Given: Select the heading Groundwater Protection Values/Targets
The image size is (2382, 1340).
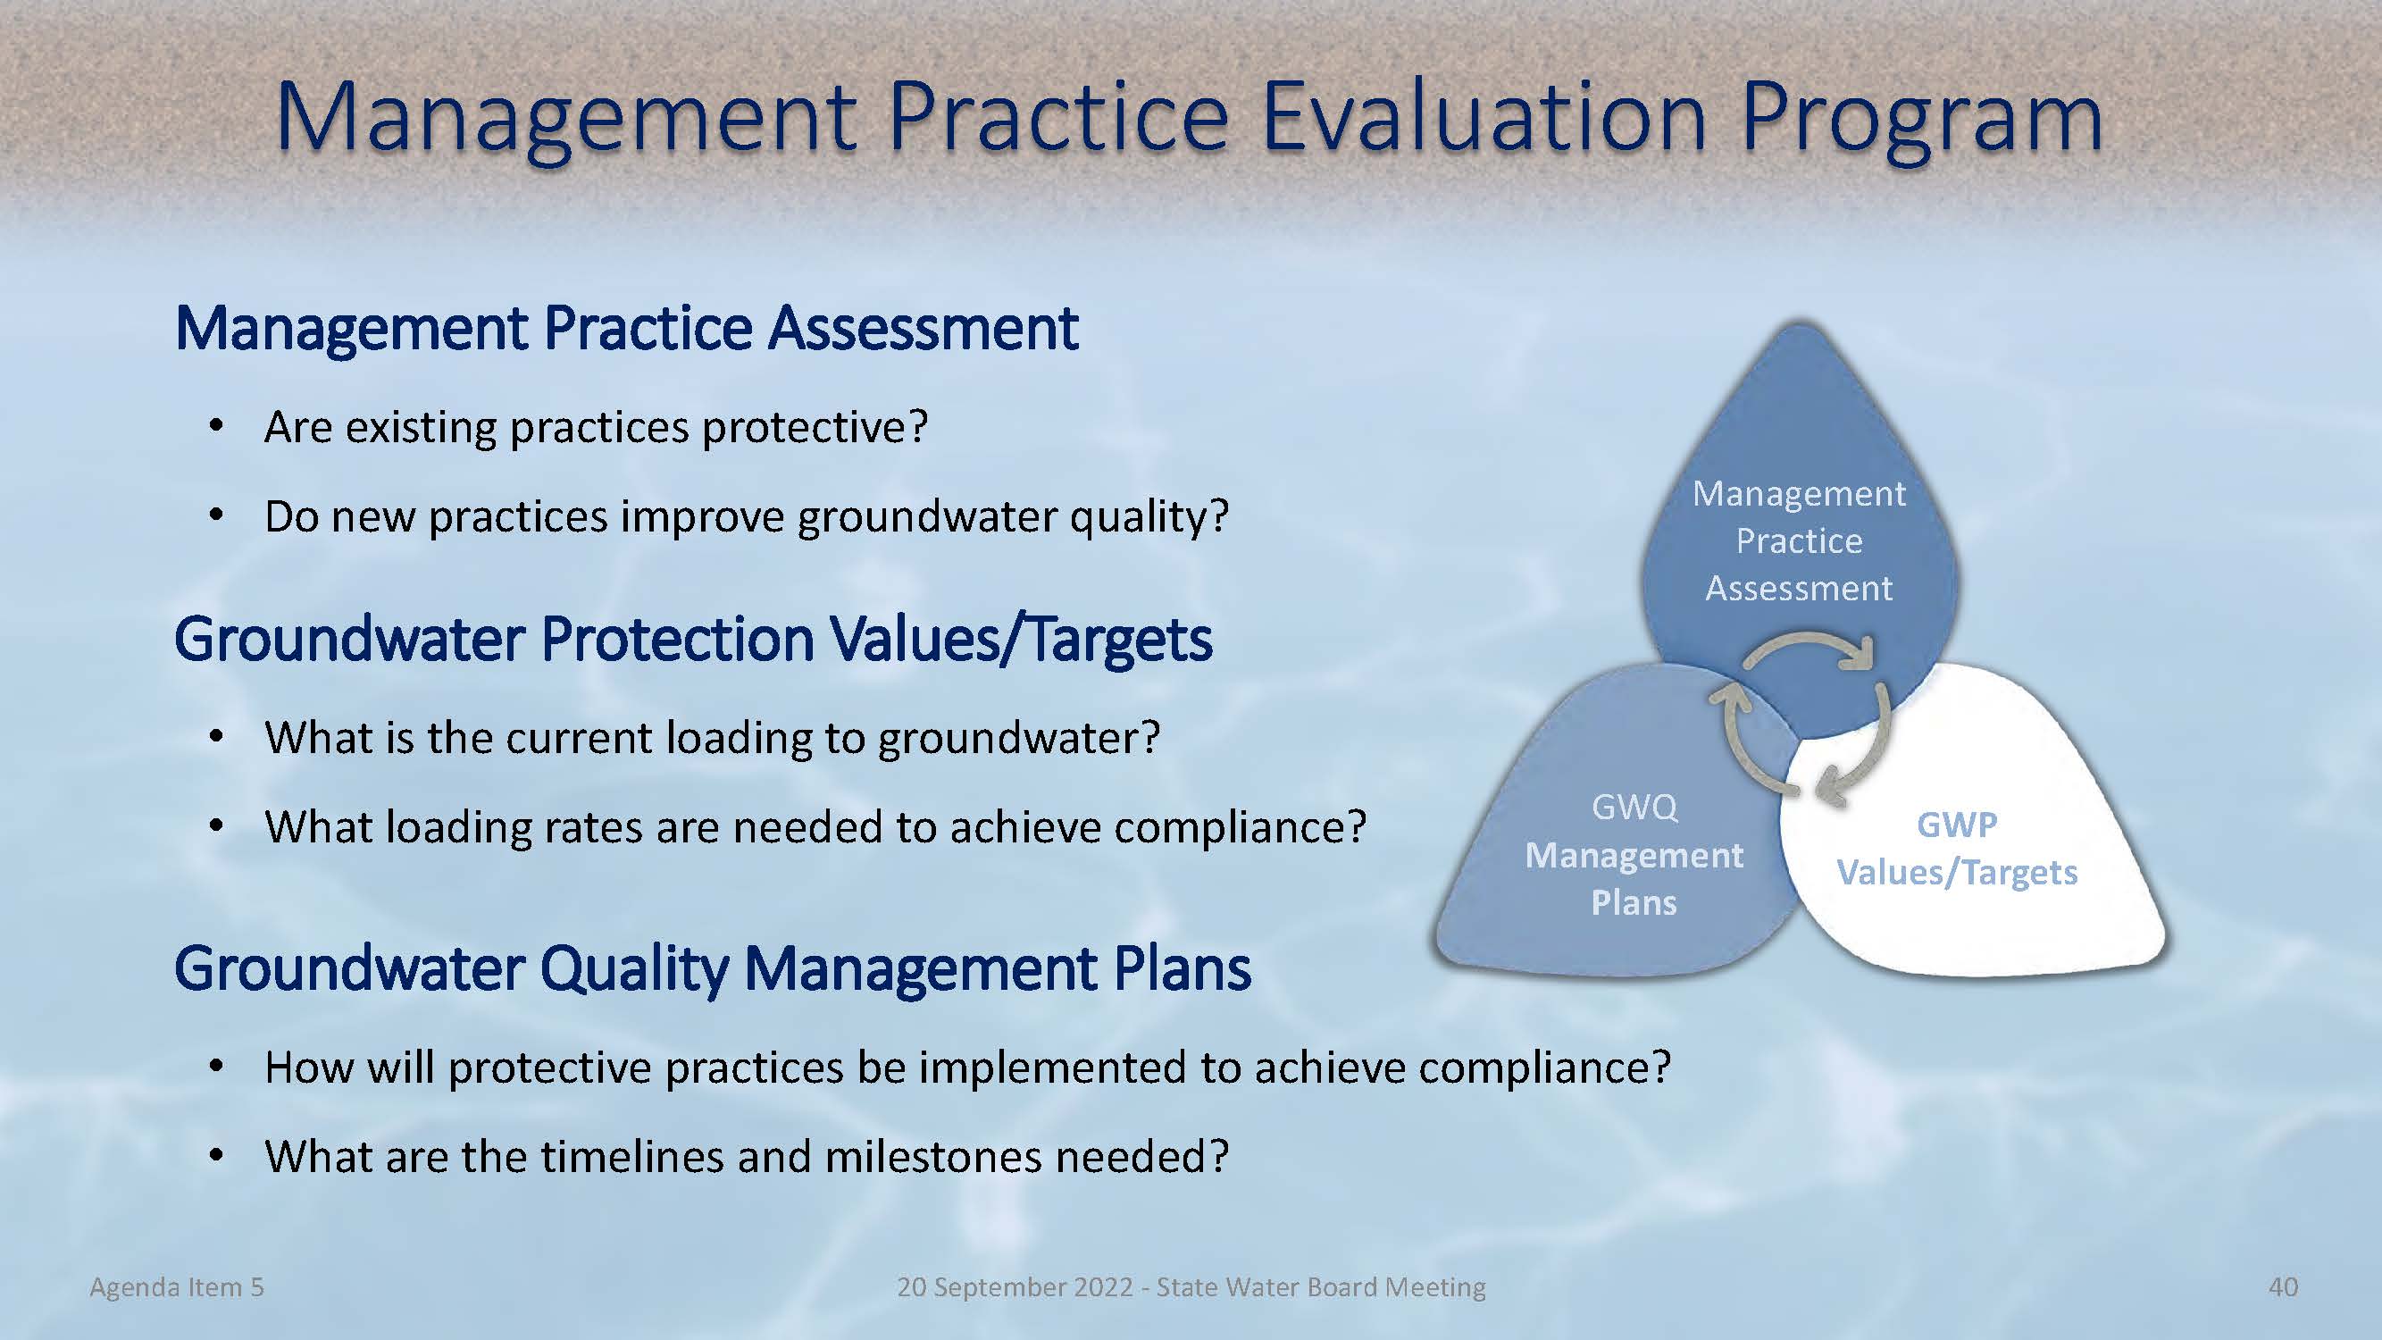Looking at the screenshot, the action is click(x=693, y=640).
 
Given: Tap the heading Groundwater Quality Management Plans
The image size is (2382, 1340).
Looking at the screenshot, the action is click(x=713, y=969).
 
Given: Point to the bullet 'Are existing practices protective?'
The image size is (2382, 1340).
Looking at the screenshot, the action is click(x=597, y=427).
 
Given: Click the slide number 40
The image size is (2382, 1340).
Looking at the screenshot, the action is click(x=2283, y=1287).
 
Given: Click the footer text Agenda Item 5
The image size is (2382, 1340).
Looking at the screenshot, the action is click(x=177, y=1287).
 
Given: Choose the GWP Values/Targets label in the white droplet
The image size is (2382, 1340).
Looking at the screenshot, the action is click(x=1957, y=849).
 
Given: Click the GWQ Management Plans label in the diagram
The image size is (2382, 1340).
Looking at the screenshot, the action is click(x=1634, y=855).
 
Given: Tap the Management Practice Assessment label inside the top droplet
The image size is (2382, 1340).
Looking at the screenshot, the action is click(x=1799, y=541).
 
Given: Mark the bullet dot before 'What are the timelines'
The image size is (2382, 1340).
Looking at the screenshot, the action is click(x=216, y=1155).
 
